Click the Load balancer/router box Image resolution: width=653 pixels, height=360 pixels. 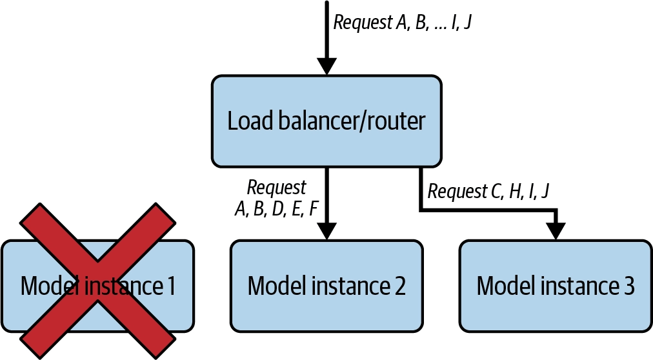tap(326, 121)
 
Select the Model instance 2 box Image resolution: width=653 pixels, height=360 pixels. tap(326, 286)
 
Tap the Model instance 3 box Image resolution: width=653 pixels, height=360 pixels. tap(556, 286)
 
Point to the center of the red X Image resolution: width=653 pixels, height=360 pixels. tap(98, 281)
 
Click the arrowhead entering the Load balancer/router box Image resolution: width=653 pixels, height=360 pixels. tap(326, 66)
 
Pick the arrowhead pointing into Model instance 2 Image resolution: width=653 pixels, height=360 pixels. tap(326, 232)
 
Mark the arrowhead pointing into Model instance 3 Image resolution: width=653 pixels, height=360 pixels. tap(556, 232)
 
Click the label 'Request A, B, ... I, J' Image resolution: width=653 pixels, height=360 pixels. tap(402, 22)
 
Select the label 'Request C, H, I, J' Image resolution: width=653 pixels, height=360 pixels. tap(488, 191)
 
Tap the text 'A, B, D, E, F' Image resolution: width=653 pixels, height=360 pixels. tap(277, 208)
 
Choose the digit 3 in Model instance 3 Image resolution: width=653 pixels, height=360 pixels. tap(628, 286)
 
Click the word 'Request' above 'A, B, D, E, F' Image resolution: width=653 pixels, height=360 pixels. tap(277, 188)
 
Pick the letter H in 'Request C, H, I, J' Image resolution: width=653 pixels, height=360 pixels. tap(515, 191)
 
